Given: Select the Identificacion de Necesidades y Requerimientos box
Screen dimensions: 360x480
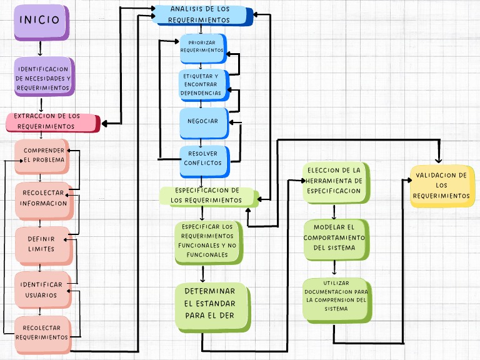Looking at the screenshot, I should coord(44,77).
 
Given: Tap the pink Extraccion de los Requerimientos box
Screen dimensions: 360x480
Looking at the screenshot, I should coord(52,122).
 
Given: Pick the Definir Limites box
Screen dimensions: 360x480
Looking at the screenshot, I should coord(41,244).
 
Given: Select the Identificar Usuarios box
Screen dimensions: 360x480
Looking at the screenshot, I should coord(41,289).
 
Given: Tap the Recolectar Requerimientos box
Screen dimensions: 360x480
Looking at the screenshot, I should coord(42,332).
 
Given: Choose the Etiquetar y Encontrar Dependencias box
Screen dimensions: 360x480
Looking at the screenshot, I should coord(201,84).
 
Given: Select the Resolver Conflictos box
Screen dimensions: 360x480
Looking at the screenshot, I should coord(202,158).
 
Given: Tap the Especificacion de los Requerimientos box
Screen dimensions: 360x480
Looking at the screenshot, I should coord(208,196).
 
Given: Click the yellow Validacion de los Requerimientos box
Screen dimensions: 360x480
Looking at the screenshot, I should coord(441,186).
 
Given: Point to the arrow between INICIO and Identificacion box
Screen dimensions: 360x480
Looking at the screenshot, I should coord(40,49).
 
